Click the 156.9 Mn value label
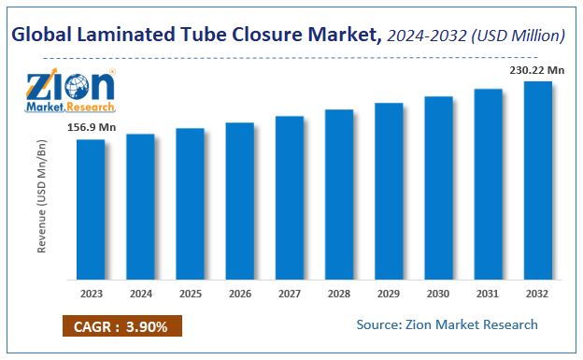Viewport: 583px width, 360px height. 91,127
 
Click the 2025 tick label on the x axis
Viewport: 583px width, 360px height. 190,292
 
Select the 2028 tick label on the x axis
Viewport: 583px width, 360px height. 338,292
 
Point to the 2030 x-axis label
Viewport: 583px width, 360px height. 438,292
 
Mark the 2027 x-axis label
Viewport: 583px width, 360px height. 289,292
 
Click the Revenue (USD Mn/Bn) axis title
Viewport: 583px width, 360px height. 41,199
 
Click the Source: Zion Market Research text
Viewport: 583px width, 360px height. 447,324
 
